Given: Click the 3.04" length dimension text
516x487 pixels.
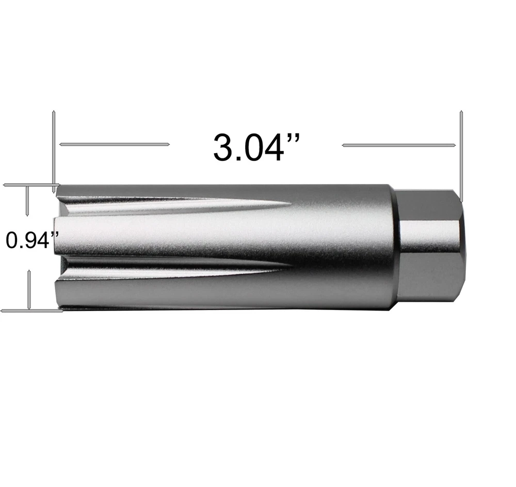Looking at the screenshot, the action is [x=256, y=147].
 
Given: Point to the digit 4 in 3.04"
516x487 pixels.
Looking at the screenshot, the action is [x=274, y=148].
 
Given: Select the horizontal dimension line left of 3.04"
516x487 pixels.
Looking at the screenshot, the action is [x=114, y=144].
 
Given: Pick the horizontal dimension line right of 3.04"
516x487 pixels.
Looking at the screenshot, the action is [x=399, y=145].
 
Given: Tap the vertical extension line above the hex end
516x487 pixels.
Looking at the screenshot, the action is [x=461, y=157].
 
